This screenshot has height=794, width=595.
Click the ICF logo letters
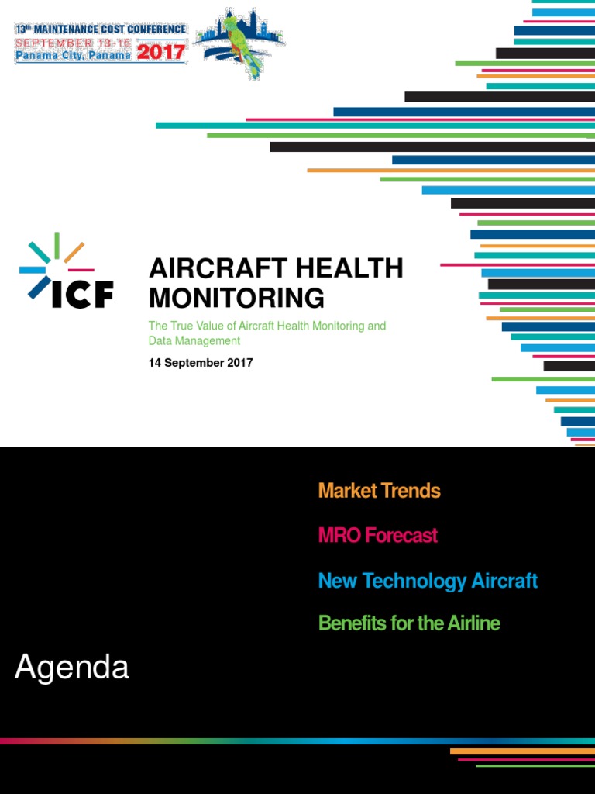(x=82, y=294)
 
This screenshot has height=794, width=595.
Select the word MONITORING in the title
(x=236, y=298)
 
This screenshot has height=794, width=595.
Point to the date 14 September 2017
(x=201, y=363)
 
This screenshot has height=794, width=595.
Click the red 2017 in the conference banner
(x=161, y=52)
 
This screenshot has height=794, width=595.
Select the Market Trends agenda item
(x=379, y=491)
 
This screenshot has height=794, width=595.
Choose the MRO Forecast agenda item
(x=377, y=535)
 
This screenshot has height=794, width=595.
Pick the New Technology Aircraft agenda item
(x=428, y=581)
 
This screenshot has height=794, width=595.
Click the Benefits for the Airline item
(x=409, y=623)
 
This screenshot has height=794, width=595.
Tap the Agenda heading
(x=72, y=668)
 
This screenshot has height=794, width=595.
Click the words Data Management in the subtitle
(x=194, y=340)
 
